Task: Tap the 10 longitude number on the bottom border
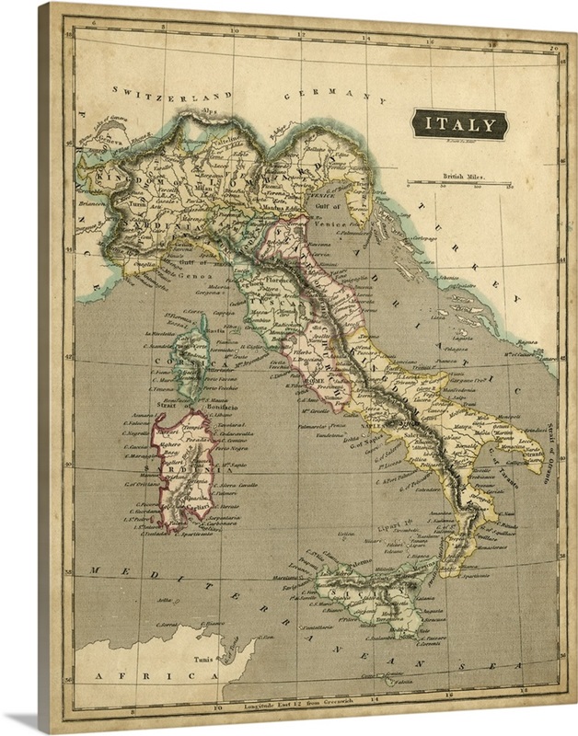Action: pos(218,708)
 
